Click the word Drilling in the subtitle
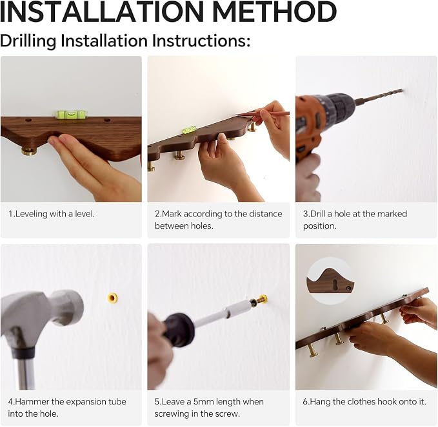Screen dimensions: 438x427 (x=28, y=41)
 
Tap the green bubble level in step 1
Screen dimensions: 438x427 (x=72, y=114)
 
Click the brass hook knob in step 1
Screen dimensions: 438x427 (x=30, y=151)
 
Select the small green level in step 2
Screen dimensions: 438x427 (x=189, y=129)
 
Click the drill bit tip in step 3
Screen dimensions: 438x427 (x=402, y=90)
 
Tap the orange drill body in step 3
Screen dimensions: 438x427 (x=310, y=126)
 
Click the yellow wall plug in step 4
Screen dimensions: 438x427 (x=113, y=298)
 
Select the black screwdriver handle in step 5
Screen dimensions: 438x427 (x=179, y=330)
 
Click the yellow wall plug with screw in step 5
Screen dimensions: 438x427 (x=262, y=299)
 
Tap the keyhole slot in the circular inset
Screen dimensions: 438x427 (x=335, y=285)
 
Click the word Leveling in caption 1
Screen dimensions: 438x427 (x=31, y=214)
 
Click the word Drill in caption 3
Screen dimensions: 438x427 (x=318, y=214)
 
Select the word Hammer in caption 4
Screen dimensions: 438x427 (x=32, y=402)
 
